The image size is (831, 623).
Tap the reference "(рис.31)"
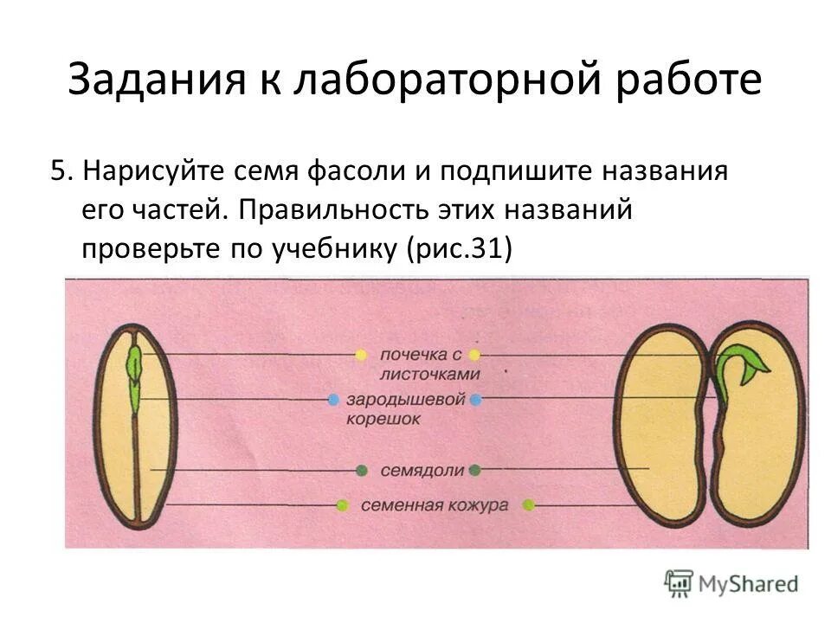point(460,248)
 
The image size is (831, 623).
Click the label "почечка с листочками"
point(418,364)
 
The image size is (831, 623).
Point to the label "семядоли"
point(417,470)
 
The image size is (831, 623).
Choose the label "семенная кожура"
point(434,505)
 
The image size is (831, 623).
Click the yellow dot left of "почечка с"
point(361,355)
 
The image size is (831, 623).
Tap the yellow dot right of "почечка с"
point(474,355)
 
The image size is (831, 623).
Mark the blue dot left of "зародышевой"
point(333,400)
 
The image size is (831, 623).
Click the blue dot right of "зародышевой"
point(474,400)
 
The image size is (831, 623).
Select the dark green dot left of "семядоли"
point(361,470)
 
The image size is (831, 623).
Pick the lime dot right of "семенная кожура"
point(528,504)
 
